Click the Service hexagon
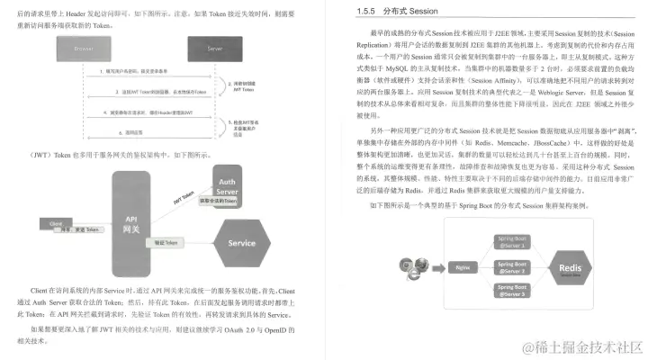[241, 242]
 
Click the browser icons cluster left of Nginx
[409, 267]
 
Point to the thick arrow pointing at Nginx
[436, 267]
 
